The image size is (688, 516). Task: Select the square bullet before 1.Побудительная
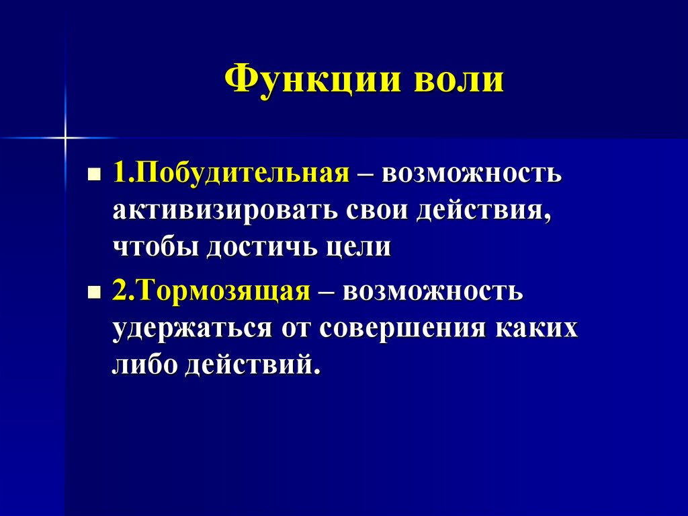95,174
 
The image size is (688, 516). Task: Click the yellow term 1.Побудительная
230,173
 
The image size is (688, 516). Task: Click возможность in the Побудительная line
472,173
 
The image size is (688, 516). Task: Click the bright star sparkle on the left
66,138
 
